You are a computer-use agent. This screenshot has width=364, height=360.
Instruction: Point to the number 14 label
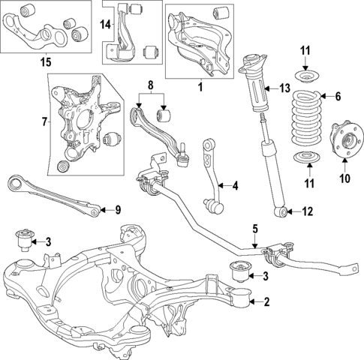(106, 25)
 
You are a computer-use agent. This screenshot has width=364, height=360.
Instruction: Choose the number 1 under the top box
(200, 88)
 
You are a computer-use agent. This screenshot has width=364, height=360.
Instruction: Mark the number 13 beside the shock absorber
(283, 88)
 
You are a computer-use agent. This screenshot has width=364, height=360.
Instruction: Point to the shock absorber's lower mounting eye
(281, 212)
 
